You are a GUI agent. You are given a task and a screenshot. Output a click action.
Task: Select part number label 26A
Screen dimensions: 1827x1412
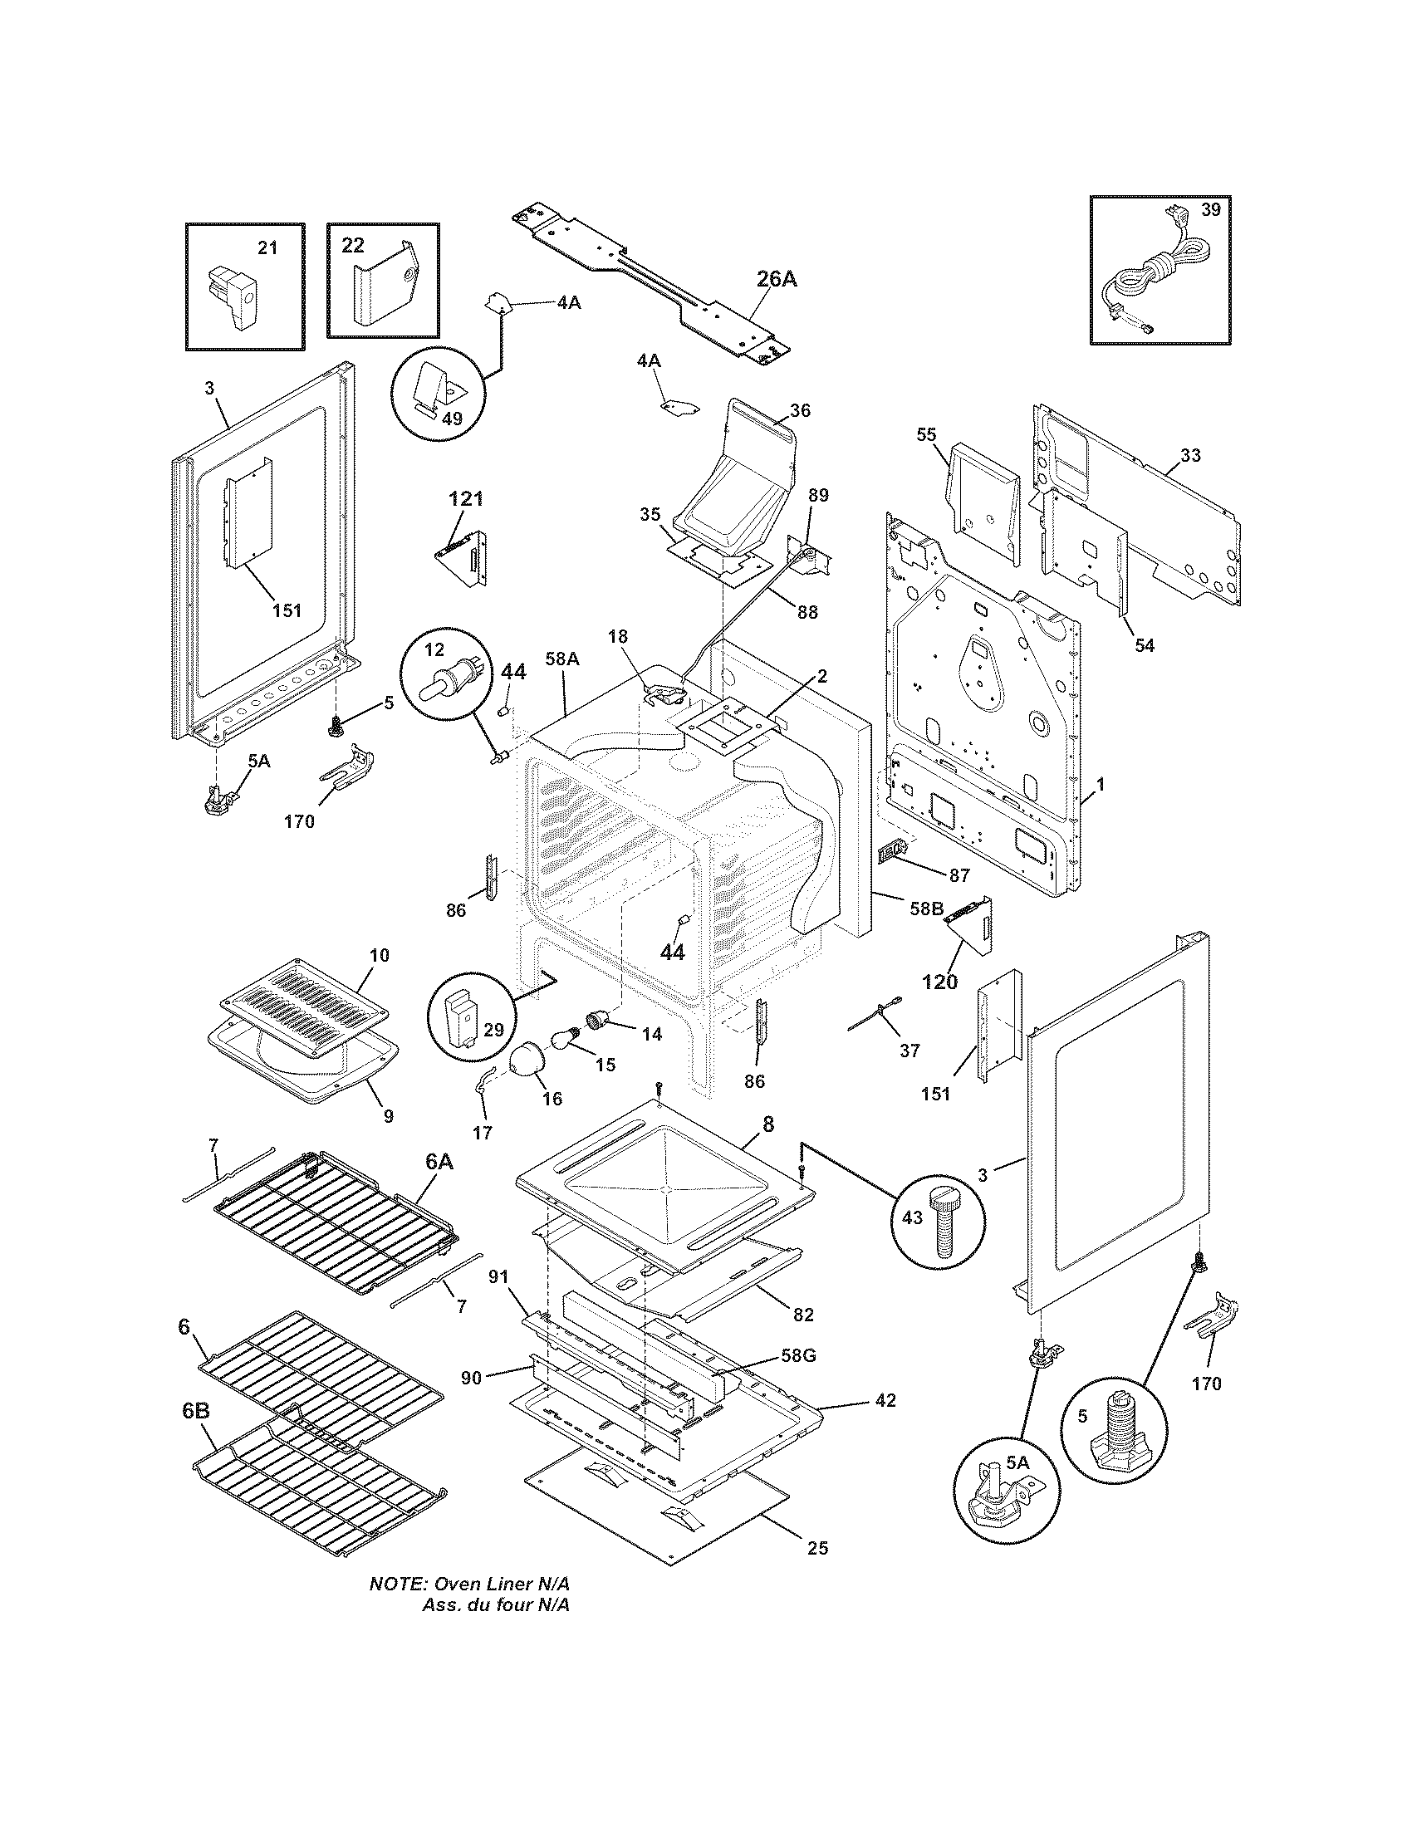tap(777, 279)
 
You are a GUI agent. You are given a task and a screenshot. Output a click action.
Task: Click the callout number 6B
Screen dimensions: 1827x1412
tap(195, 1409)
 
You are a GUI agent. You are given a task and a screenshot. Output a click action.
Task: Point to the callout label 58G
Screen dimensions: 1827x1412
tap(799, 1355)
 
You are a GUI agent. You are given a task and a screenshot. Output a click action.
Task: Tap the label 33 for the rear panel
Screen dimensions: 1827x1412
tap(1190, 455)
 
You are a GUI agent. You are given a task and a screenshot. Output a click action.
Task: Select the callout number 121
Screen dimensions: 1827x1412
tap(466, 498)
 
